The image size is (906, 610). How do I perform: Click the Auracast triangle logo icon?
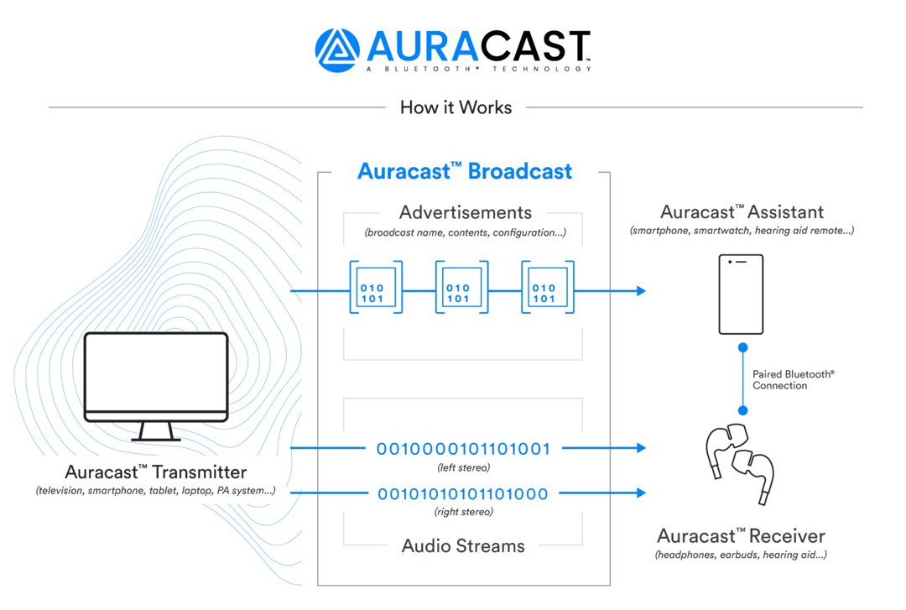coord(337,50)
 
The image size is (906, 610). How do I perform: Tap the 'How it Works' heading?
coord(456,107)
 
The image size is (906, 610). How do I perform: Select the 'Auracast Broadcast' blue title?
coord(465,171)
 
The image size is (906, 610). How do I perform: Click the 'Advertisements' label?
coord(466,212)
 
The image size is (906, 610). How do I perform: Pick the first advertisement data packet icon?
coord(375,288)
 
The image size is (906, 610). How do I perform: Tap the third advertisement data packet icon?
coord(547,288)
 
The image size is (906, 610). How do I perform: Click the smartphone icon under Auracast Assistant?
coord(741,295)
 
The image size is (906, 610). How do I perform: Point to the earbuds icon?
coord(739,462)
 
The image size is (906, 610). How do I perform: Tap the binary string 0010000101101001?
coord(463,449)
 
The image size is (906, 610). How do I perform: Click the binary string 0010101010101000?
coord(463,493)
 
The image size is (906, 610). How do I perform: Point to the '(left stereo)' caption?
coord(463,467)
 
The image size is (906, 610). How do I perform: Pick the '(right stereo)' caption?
coord(463,512)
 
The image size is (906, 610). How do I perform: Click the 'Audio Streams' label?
coord(463,546)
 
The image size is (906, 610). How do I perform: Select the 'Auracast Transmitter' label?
coord(156,472)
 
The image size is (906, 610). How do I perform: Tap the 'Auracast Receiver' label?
coord(741,536)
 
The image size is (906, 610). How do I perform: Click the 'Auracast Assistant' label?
coord(742,212)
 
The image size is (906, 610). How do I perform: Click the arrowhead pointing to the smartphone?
coord(642,291)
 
